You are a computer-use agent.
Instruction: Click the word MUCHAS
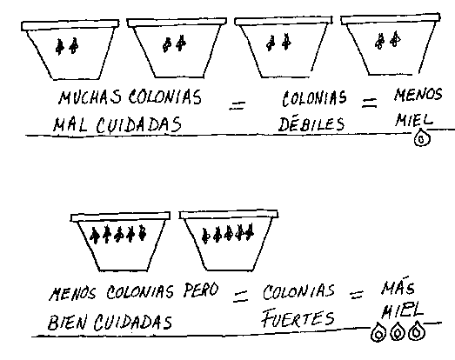90,97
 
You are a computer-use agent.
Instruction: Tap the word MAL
70,124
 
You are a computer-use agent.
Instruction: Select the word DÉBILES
311,123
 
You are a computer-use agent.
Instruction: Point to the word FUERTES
298,318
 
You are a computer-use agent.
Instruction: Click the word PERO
200,290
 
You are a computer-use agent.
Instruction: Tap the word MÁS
398,286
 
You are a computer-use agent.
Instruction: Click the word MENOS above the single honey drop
418,94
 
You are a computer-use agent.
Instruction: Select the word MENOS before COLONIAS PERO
72,293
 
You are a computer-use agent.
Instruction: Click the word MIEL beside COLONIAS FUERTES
402,311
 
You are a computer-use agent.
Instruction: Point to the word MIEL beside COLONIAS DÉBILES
413,119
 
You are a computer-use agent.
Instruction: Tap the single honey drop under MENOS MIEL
422,138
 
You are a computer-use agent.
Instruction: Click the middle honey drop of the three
398,331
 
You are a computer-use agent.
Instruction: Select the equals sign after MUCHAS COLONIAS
238,105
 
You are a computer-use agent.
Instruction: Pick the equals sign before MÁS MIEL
357,295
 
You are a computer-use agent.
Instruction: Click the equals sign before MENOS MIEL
370,103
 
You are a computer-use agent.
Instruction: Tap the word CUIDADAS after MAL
138,125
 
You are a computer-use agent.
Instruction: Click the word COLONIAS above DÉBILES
314,97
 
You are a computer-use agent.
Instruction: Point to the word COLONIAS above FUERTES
298,291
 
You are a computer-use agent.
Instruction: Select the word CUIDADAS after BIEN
133,322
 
